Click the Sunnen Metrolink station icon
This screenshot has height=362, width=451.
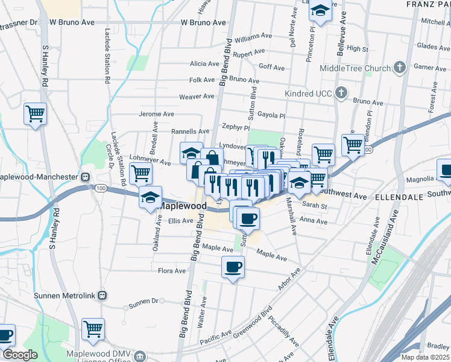click(x=102, y=296)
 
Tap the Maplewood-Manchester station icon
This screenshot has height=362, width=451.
click(x=86, y=177)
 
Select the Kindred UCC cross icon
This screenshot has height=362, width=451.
click(x=341, y=93)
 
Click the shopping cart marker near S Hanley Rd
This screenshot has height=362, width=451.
click(x=36, y=113)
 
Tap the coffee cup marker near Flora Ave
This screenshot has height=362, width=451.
click(x=233, y=266)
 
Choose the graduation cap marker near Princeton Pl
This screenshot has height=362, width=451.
click(x=321, y=10)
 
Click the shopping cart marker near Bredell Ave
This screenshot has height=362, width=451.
click(x=140, y=174)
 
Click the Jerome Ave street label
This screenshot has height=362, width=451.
click(x=156, y=113)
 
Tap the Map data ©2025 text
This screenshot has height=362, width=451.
click(x=424, y=357)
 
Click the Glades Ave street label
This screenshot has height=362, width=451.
click(x=434, y=46)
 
